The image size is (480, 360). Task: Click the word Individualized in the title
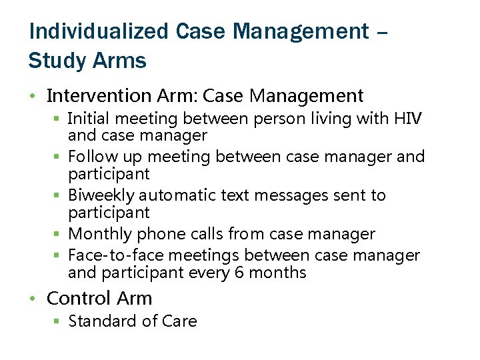coord(99,31)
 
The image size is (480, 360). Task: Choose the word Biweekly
coord(101,195)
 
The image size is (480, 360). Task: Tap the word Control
coord(78,298)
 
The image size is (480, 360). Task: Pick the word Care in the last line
coord(179,321)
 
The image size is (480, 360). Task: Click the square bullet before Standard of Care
coord(57,321)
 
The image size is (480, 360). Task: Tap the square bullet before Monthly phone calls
coord(57,234)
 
